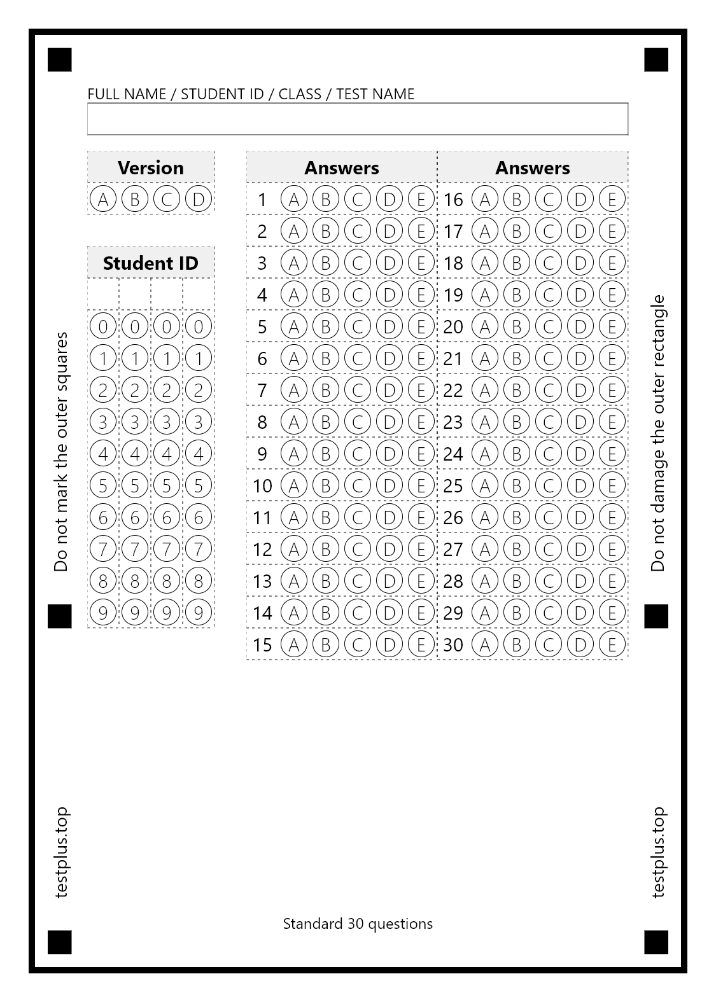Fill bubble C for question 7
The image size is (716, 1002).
(x=357, y=390)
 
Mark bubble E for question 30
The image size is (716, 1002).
(x=612, y=644)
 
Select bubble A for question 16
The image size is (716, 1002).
(x=485, y=199)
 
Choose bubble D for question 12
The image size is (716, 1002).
(x=389, y=549)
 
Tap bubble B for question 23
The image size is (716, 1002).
(x=516, y=422)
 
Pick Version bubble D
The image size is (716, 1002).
(x=198, y=199)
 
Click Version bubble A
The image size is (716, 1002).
(x=103, y=199)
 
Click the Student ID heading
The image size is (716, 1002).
(x=150, y=263)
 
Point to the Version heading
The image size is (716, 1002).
(x=150, y=167)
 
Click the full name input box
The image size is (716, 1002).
(x=357, y=119)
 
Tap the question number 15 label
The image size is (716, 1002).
(x=262, y=644)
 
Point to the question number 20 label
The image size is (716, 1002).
(x=453, y=326)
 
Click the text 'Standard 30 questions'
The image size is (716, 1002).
(x=358, y=923)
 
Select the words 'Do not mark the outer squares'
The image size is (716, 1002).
(x=60, y=452)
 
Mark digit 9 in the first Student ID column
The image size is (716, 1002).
(x=103, y=613)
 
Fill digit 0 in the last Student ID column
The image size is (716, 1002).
(x=198, y=326)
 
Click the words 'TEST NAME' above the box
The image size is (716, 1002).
(x=375, y=94)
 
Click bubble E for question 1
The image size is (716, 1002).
(x=421, y=199)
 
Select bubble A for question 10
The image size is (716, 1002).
(x=293, y=485)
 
